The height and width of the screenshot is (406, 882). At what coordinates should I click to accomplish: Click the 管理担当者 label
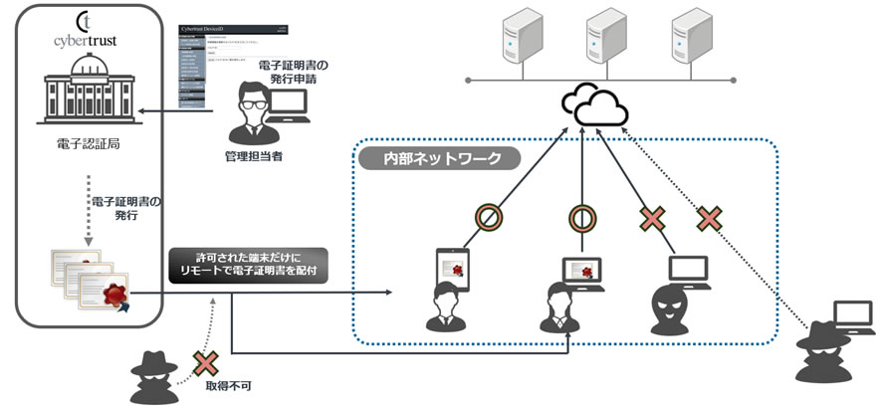click(256, 156)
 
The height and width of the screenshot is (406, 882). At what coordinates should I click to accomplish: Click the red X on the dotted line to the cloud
click(709, 218)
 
